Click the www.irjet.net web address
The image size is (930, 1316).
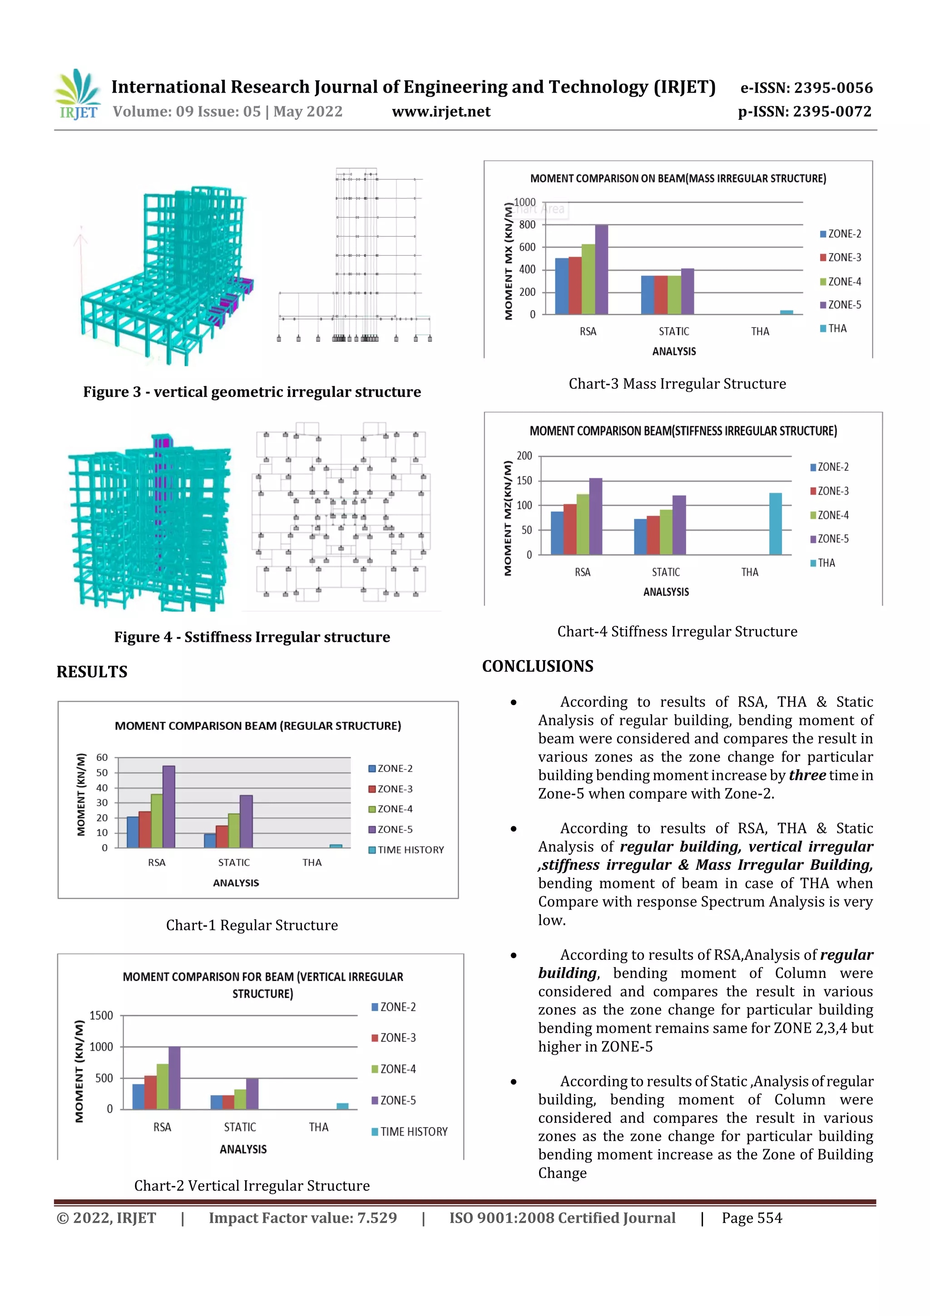coord(440,112)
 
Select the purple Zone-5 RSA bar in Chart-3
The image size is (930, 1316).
coord(601,269)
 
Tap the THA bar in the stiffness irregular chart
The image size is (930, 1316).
coord(775,523)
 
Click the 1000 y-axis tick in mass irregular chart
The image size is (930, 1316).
coord(524,202)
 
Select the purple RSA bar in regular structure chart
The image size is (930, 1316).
coord(168,806)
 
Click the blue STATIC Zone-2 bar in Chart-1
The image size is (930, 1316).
coord(210,840)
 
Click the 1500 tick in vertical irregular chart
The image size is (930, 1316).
coord(101,1016)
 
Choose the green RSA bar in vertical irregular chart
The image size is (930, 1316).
coord(163,1086)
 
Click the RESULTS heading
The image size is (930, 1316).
coord(92,672)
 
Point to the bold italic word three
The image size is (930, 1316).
coord(807,775)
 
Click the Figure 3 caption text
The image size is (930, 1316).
coord(252,392)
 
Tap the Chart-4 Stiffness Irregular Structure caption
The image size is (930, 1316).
coord(677,631)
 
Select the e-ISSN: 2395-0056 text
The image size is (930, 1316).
coord(806,88)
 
